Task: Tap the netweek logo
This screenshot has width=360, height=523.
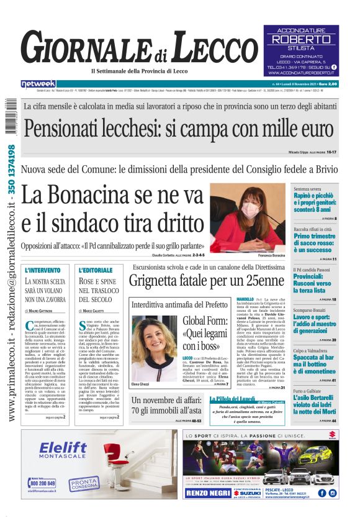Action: (38, 84)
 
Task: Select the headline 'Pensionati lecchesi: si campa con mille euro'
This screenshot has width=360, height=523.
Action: (179, 129)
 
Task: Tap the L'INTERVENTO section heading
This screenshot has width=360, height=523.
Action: (43, 270)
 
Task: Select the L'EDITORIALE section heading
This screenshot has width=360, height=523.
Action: (96, 270)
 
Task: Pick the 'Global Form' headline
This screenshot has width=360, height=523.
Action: (206, 334)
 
